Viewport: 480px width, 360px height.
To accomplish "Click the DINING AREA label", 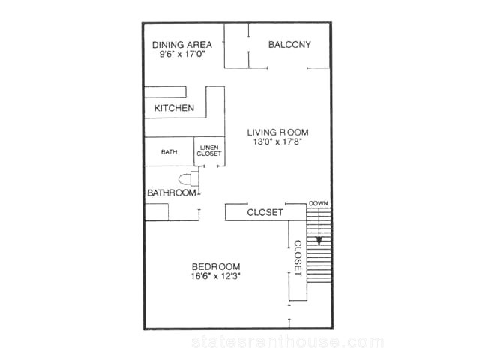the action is coord(182,45).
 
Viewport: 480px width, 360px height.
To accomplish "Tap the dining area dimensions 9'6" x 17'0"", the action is coord(182,55).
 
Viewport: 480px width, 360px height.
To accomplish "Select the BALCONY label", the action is coord(289,45).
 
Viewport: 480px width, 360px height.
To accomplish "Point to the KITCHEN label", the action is coord(174,108).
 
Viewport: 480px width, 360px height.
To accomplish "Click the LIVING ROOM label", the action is coord(278,133).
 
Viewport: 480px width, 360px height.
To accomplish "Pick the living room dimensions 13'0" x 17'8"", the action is coord(278,142).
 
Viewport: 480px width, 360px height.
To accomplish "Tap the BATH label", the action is coord(169,151).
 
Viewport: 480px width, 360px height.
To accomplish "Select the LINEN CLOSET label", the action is coord(209,151).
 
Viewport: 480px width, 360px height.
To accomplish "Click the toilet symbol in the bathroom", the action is coord(188,179).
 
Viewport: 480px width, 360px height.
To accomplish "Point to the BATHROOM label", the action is coord(172,193).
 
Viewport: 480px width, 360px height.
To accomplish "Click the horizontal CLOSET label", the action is coord(265,212).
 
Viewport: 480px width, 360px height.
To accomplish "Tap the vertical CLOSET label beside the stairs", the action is coord(298,258).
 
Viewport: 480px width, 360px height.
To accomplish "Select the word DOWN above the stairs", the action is coord(318,203).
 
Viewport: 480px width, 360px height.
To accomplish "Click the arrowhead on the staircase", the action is coord(319,241).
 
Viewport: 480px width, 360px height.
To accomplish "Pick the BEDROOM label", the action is coord(216,266).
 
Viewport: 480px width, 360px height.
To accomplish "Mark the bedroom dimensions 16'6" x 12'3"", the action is coord(216,276).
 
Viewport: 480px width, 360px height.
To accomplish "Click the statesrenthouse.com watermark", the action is coord(288,342).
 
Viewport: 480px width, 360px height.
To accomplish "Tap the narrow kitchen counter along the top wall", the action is coord(165,92).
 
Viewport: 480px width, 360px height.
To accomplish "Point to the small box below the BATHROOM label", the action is coord(157,212).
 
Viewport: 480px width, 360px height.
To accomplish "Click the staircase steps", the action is coord(319,245).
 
